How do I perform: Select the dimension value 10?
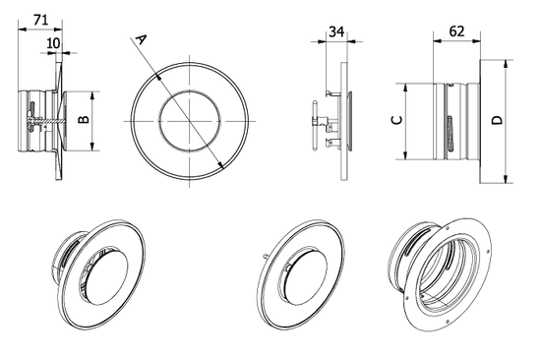coord(52,43)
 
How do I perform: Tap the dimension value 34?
coord(335,32)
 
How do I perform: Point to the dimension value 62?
coord(456,32)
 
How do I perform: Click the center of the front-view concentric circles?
coord(188,120)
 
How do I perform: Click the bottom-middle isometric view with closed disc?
coord(301,274)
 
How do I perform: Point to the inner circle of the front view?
coord(188,91)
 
